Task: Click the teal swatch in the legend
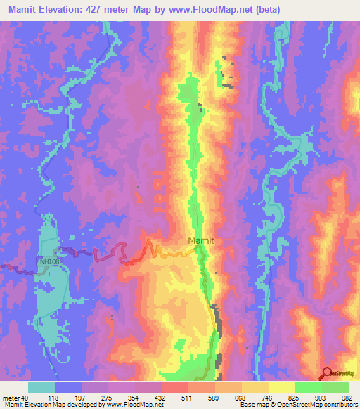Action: [41, 387]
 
